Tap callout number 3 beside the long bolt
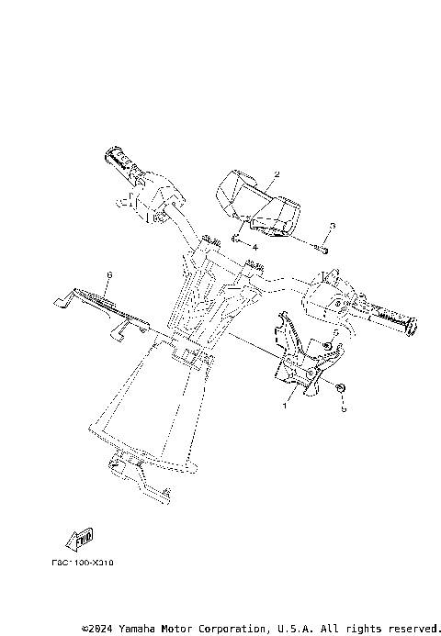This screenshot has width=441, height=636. (333, 226)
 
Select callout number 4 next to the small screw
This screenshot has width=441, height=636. (254, 247)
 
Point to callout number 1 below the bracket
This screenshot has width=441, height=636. (285, 404)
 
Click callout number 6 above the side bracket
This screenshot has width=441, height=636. (109, 274)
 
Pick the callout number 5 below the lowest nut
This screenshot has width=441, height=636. (344, 410)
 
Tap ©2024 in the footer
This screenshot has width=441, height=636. (96, 628)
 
